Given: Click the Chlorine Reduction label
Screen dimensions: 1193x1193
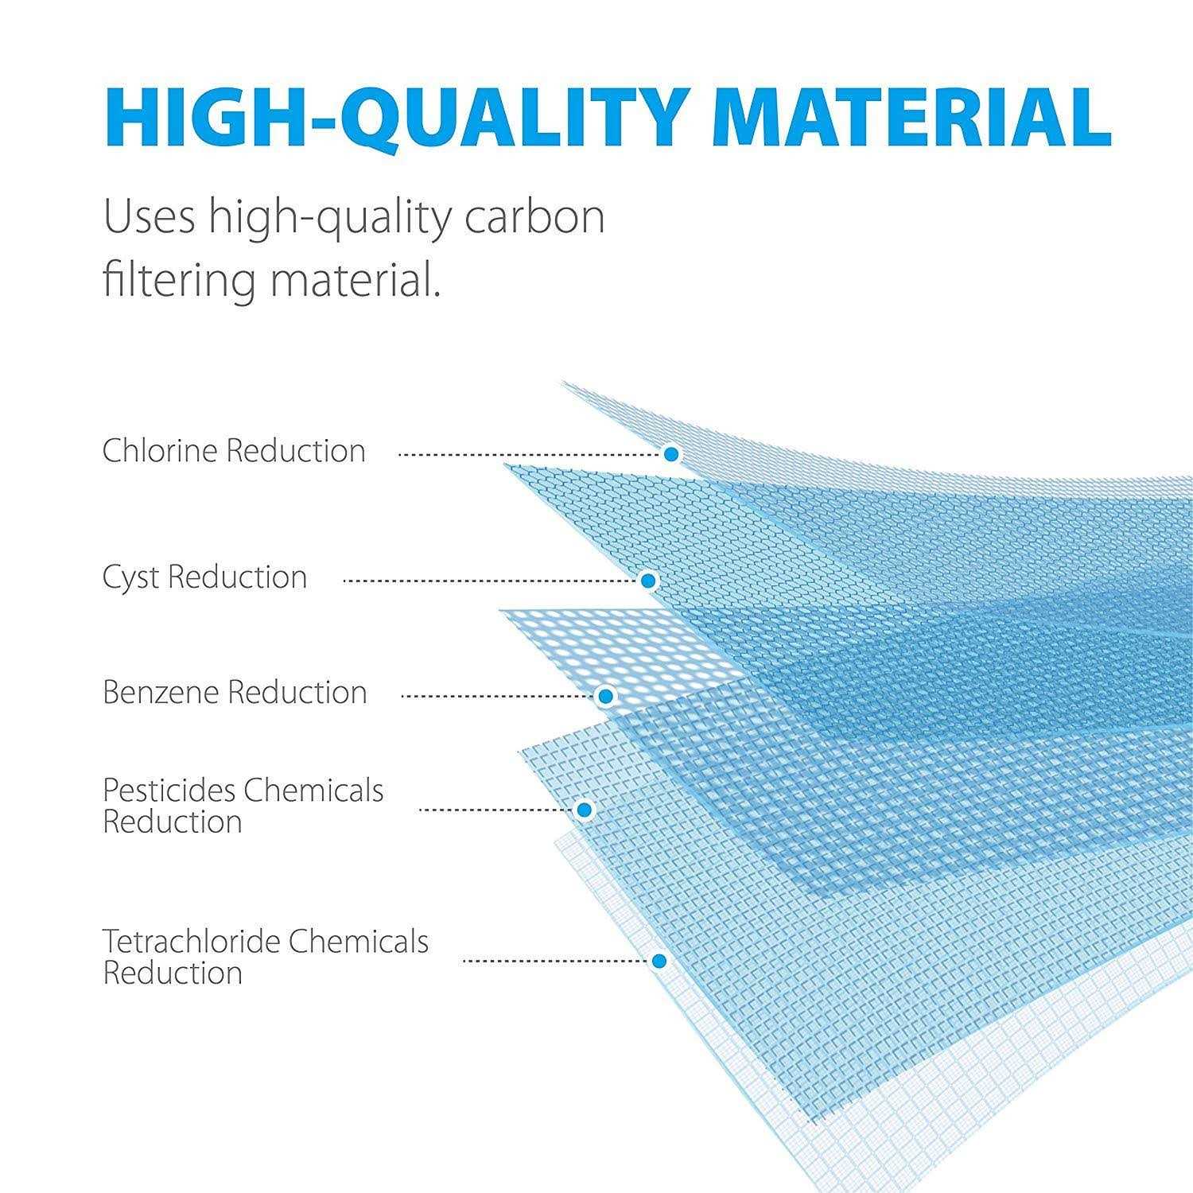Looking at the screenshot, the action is coord(234,451).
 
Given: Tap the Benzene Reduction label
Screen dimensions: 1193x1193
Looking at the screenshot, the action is coord(235,693).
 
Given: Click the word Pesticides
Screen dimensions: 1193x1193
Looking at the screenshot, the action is coord(169,790).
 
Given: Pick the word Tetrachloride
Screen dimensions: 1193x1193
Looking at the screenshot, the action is coord(191,941).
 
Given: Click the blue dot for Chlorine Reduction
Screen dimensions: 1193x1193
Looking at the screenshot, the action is coord(672,454).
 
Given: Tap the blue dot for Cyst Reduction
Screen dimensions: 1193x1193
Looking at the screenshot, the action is coord(648,581).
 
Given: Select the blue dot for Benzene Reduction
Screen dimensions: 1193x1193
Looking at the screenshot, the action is coord(605,696).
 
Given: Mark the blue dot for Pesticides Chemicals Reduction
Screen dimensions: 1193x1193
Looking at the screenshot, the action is coord(585,810).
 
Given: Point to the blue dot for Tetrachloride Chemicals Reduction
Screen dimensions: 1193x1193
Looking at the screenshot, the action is coord(659,961).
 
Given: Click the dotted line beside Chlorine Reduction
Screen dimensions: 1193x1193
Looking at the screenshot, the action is coord(530,455).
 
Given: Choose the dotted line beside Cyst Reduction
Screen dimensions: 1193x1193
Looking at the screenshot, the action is coord(491,581).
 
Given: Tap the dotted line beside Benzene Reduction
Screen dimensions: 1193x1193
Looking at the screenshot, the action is coord(499,697).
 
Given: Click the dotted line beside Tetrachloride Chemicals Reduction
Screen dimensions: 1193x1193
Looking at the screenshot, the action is coord(556,962).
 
